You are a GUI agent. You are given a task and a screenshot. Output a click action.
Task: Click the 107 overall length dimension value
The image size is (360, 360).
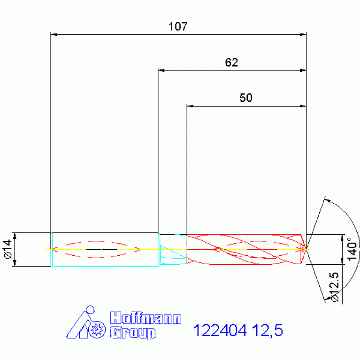point(178,26)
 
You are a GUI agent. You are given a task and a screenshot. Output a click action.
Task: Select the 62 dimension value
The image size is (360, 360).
point(231,62)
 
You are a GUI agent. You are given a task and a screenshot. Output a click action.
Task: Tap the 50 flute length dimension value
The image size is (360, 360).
point(246,98)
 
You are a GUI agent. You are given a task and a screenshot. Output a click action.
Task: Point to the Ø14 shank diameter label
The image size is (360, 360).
point(7,249)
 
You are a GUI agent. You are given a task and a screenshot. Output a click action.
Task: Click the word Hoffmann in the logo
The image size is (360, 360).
point(146,319)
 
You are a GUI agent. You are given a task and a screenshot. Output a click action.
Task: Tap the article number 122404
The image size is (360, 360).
point(220,331)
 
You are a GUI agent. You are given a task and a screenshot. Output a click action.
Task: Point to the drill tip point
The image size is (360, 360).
point(306,249)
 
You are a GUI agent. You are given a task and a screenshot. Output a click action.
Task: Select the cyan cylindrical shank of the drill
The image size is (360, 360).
point(104,258)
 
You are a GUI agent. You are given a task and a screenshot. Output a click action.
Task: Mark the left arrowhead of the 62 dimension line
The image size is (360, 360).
point(161,70)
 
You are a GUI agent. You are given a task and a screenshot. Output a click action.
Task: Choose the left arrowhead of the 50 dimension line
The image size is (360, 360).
point(190,107)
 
